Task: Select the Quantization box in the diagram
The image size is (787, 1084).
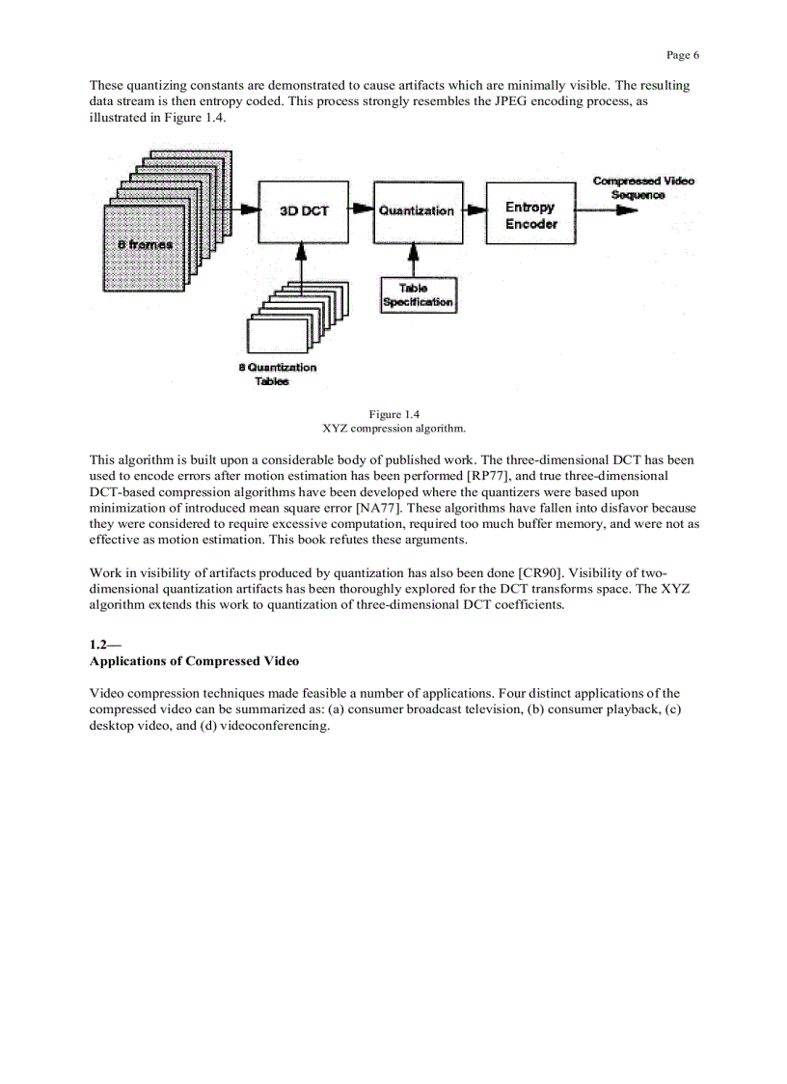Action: (417, 211)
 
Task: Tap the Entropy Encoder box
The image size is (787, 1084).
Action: (529, 215)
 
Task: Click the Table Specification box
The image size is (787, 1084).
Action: (418, 295)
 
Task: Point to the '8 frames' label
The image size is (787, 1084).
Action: (145, 244)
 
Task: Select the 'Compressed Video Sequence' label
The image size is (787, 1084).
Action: (642, 187)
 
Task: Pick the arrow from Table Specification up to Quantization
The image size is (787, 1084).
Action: (415, 260)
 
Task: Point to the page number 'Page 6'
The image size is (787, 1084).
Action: (682, 55)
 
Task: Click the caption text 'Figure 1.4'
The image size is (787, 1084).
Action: (393, 415)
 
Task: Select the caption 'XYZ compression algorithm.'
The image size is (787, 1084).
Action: (393, 428)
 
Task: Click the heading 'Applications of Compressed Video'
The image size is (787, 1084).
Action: (194, 661)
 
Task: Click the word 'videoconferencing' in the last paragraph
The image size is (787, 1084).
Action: (274, 726)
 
